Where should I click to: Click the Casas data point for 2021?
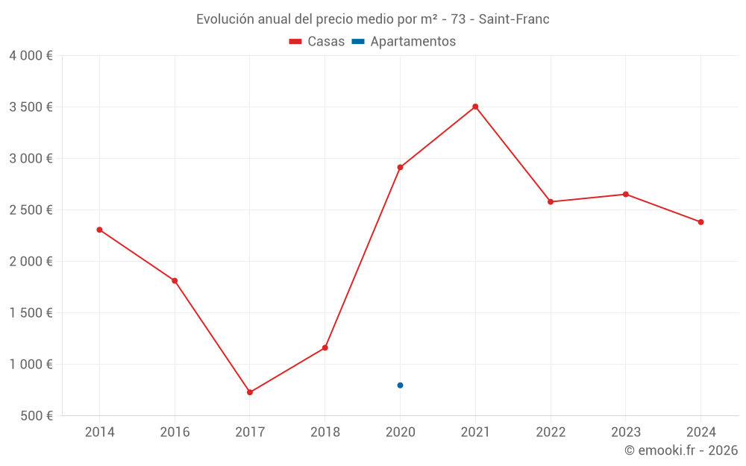click(475, 107)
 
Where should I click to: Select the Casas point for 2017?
click(250, 392)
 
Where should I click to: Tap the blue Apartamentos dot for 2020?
click(400, 385)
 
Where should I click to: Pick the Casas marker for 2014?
click(99, 230)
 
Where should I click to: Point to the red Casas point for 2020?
click(400, 167)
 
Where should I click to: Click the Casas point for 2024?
click(700, 222)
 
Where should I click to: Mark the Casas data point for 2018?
click(325, 347)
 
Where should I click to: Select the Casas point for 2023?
click(626, 195)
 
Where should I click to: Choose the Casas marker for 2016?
click(175, 281)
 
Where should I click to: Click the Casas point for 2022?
click(551, 202)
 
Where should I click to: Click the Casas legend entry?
click(317, 42)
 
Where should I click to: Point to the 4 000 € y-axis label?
click(31, 56)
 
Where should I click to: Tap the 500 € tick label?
click(37, 416)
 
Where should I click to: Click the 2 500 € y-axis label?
click(31, 210)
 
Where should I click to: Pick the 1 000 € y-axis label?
click(31, 365)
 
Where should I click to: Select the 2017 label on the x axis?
click(250, 432)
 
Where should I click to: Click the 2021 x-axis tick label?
click(475, 432)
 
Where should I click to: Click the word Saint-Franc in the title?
click(514, 19)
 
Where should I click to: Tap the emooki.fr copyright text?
click(680, 450)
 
